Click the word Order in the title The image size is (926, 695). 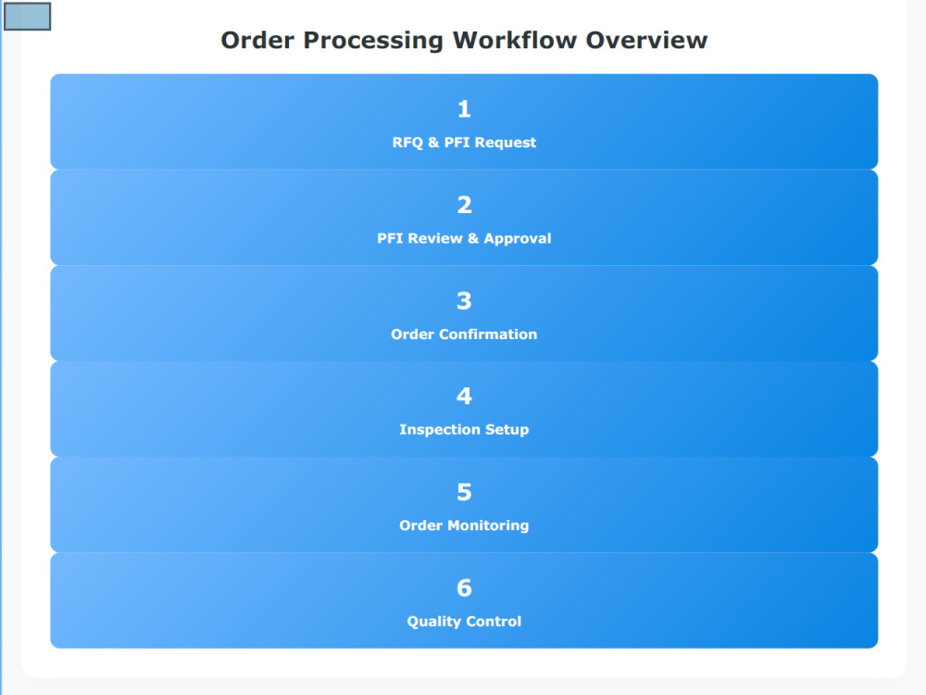click(257, 40)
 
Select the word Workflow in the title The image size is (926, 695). click(515, 40)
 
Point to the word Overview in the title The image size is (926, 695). click(646, 40)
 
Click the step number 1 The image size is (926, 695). click(464, 108)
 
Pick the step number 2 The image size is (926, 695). click(464, 205)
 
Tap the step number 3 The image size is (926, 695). click(464, 301)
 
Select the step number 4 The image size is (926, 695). click(464, 396)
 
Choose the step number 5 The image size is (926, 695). click(464, 492)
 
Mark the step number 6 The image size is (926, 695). click(464, 588)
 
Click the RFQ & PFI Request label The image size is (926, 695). click(464, 143)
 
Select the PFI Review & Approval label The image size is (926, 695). click(464, 238)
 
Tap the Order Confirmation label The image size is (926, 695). click(464, 334)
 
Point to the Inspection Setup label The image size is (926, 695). click(464, 430)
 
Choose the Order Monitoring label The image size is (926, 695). click(464, 525)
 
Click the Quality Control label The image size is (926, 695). click(464, 621)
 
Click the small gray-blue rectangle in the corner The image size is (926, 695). click(27, 16)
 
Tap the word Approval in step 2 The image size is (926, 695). click(518, 239)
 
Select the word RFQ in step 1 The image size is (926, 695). click(407, 143)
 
